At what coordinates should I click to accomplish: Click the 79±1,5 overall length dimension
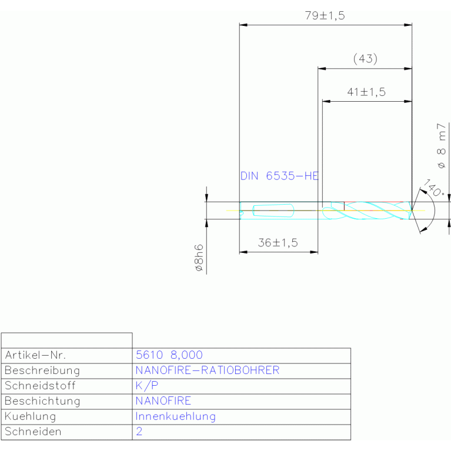pyautogui.click(x=325, y=15)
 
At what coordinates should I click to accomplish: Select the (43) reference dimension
pyautogui.click(x=365, y=59)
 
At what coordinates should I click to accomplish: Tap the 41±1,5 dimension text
pyautogui.click(x=366, y=92)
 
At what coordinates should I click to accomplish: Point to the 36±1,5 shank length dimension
pyautogui.click(x=278, y=243)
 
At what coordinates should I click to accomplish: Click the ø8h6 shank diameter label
pyautogui.click(x=199, y=258)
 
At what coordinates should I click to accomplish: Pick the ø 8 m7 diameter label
pyautogui.click(x=441, y=146)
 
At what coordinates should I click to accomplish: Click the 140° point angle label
pyautogui.click(x=435, y=188)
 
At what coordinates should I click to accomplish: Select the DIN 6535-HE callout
pyautogui.click(x=279, y=176)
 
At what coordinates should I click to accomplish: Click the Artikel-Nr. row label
pyautogui.click(x=35, y=355)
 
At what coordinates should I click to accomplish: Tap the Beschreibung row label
pyautogui.click(x=42, y=370)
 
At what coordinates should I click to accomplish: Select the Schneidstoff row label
pyautogui.click(x=40, y=386)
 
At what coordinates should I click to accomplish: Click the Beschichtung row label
pyautogui.click(x=42, y=401)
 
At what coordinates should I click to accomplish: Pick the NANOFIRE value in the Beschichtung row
pyautogui.click(x=163, y=401)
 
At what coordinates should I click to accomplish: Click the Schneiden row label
pyautogui.click(x=33, y=432)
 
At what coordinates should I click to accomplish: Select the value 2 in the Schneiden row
pyautogui.click(x=139, y=432)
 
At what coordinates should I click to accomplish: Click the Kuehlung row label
pyautogui.click(x=30, y=416)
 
